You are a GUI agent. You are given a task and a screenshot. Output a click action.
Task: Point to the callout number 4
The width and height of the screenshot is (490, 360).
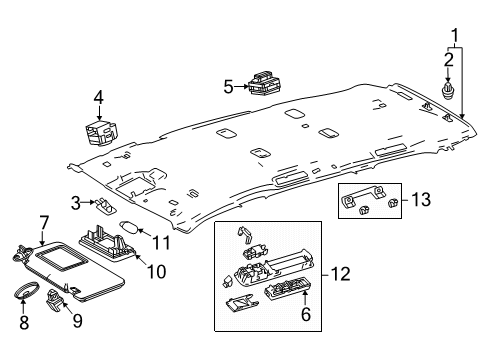99,97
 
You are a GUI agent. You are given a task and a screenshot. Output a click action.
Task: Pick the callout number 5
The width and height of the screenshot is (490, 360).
227,87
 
